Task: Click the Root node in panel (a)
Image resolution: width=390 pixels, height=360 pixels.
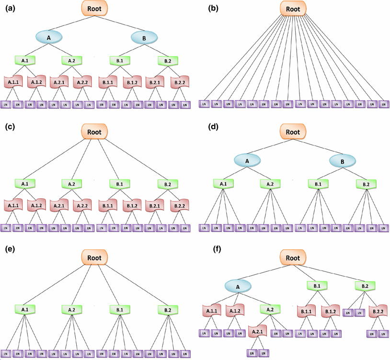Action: (95, 8)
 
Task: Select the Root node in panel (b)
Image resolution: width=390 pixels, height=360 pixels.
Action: (293, 8)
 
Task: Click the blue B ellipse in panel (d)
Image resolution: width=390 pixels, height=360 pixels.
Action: (343, 162)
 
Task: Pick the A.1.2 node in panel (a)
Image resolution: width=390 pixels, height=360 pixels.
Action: (36, 82)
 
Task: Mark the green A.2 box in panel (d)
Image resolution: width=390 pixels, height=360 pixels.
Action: (270, 184)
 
